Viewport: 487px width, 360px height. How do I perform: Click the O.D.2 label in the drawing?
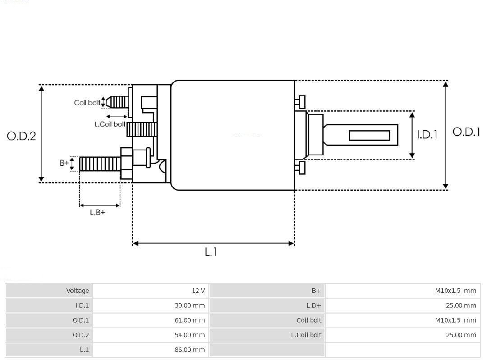tap(21, 136)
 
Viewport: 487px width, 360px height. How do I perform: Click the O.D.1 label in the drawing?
tap(466, 132)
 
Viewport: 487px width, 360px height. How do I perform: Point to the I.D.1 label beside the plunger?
tap(427, 134)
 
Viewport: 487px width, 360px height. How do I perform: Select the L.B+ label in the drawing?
tap(97, 212)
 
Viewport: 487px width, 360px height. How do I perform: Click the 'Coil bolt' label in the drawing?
tap(87, 103)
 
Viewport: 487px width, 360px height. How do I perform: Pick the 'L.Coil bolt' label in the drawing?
tap(110, 124)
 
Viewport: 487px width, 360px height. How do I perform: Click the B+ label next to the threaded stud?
tap(64, 163)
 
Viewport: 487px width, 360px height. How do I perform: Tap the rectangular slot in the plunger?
tap(369, 135)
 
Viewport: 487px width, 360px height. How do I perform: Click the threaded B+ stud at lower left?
tap(100, 164)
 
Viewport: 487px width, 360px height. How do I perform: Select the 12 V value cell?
tap(198, 291)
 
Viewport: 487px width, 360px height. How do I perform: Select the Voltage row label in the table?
tap(78, 291)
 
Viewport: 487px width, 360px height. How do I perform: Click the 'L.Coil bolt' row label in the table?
tap(306, 335)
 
